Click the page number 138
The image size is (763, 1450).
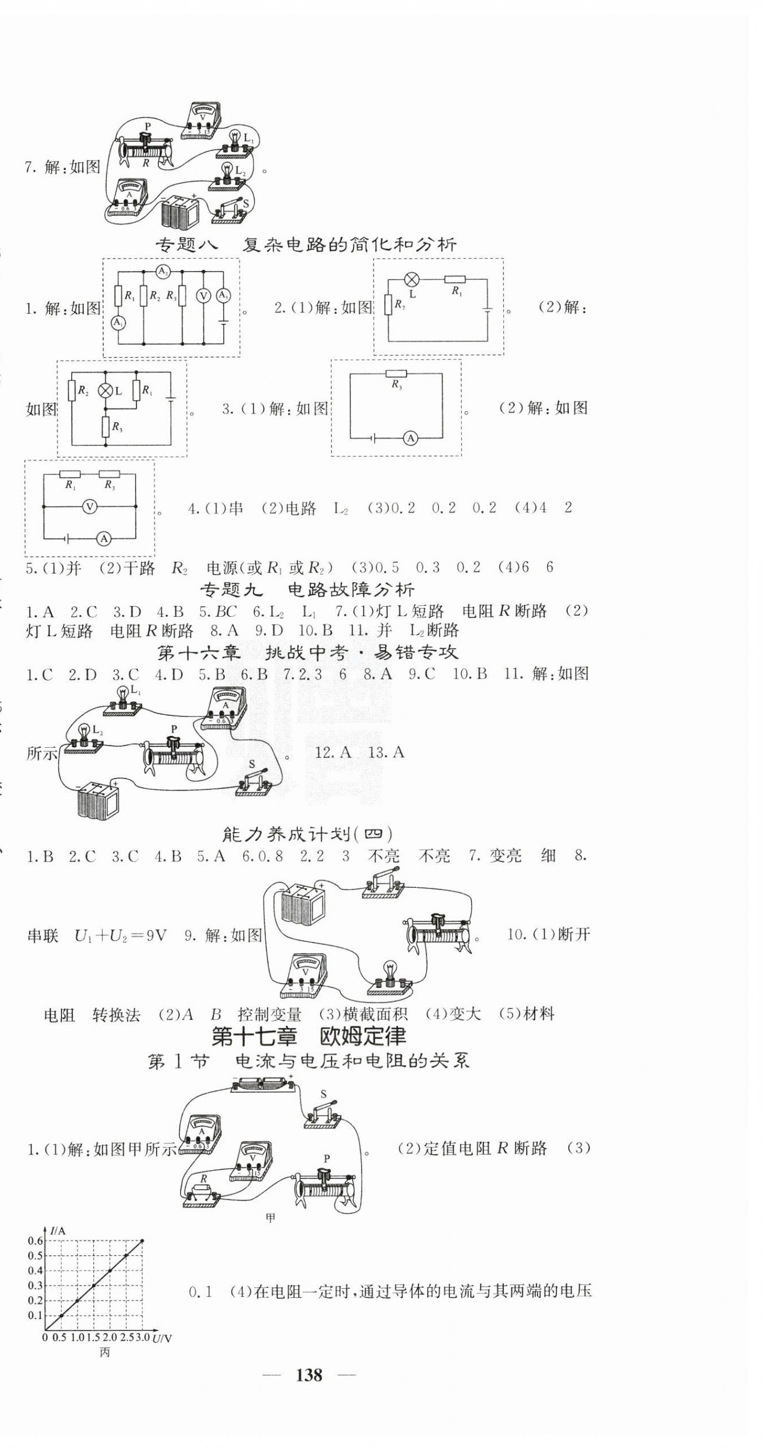[x=309, y=1375]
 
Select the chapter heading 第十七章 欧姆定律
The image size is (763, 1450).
[x=309, y=1036]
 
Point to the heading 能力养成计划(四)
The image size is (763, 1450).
[x=307, y=834]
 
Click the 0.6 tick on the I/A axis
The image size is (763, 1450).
[x=35, y=1240]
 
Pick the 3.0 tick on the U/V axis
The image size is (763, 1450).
[x=142, y=1337]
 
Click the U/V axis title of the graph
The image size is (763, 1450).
[x=162, y=1338]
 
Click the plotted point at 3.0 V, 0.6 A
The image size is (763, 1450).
[x=142, y=1240]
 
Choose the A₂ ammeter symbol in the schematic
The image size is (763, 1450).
[x=163, y=272]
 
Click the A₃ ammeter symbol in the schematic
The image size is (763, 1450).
[x=223, y=296]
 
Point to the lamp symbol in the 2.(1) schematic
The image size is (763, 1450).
[x=411, y=280]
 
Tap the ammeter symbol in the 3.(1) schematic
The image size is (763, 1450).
[x=410, y=437]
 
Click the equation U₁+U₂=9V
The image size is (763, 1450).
[x=120, y=936]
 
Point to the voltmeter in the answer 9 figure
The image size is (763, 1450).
[x=305, y=976]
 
